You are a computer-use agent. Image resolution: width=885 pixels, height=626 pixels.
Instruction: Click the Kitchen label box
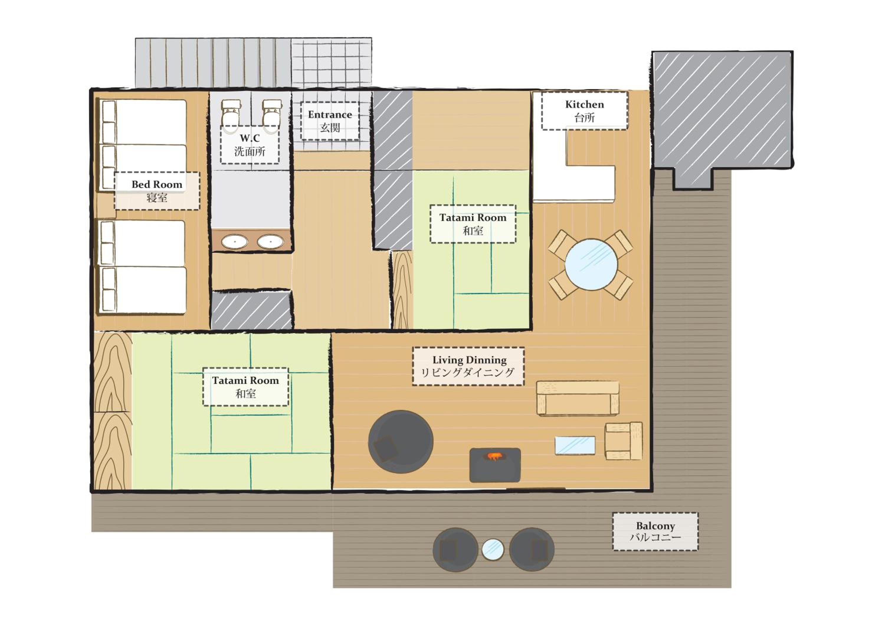584,111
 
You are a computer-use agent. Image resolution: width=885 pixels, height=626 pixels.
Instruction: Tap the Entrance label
330,121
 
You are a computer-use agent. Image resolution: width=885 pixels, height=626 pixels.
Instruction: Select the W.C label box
250,145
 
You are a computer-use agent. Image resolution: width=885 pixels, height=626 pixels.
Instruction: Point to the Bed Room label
157,191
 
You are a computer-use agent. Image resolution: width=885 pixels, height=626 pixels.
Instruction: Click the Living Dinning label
468,366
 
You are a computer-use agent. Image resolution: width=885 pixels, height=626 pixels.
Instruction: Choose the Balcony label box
655,532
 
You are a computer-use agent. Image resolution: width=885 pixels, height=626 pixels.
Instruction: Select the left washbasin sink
235,242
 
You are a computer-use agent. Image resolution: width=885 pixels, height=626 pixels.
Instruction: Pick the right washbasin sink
271,242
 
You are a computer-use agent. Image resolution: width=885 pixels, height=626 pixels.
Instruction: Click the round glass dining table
591,265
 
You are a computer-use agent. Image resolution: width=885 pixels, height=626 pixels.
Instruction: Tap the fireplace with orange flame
495,465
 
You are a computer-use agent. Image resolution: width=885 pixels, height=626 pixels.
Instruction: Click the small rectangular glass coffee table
575,446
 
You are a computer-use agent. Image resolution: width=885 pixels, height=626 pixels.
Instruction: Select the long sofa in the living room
578,398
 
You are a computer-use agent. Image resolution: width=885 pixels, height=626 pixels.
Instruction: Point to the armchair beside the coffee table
623,441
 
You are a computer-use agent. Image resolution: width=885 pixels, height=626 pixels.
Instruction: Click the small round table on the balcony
493,549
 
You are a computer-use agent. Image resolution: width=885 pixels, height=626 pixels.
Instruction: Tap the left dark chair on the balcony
455,549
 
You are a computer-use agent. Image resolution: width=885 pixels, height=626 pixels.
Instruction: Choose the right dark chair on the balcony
532,549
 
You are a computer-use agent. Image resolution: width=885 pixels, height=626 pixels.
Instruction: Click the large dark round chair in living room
401,442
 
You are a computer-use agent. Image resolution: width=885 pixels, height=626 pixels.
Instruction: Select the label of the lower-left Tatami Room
245,387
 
